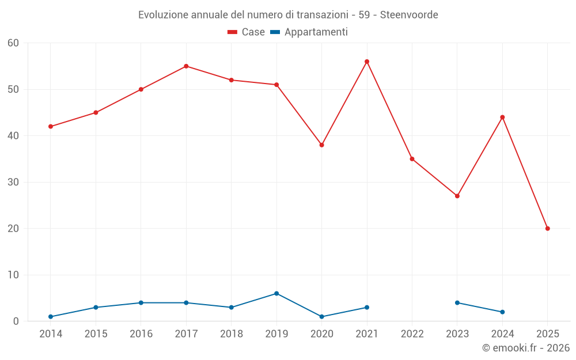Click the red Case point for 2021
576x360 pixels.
click(367, 62)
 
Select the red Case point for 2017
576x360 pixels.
click(186, 66)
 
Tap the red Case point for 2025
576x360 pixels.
click(548, 229)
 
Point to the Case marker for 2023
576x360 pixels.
click(457, 196)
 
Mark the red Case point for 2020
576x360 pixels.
click(321, 145)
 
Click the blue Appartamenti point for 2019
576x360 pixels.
click(276, 294)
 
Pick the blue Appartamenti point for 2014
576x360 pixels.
click(51, 317)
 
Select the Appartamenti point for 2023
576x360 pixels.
click(457, 303)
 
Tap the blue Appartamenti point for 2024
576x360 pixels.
click(502, 312)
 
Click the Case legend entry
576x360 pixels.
click(247, 32)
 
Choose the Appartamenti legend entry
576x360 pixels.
click(309, 32)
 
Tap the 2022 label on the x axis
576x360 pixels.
click(412, 334)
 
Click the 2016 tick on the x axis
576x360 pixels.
click(141, 334)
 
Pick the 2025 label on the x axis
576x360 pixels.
click(548, 334)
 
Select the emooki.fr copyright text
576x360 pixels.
click(526, 348)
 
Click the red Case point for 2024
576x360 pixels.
click(502, 118)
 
